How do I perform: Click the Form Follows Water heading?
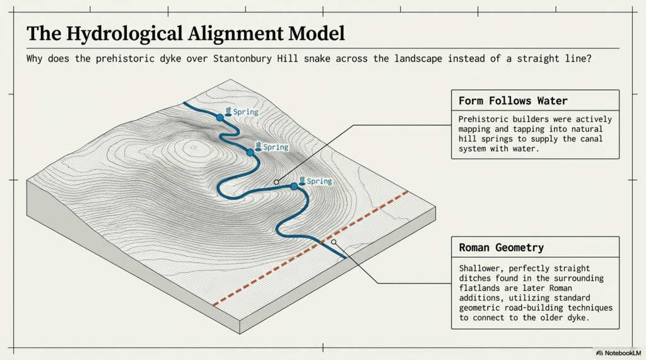click(513, 101)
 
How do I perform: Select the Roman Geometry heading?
click(501, 248)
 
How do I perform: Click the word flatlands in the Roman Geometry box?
click(481, 287)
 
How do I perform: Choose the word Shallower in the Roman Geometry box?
click(481, 268)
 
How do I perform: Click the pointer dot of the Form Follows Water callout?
click(276, 182)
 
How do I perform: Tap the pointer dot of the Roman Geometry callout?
click(334, 241)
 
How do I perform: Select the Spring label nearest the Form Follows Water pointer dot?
click(319, 182)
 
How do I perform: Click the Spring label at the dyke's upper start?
click(245, 112)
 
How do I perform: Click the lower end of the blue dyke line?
click(346, 258)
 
